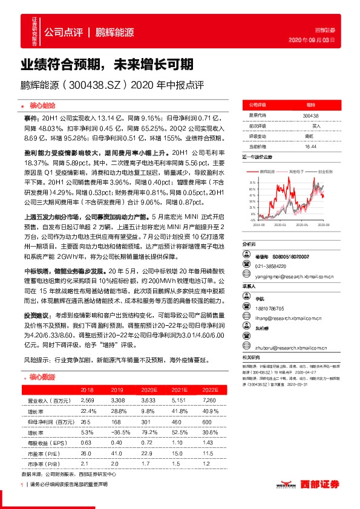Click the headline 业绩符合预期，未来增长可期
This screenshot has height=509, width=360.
click(x=107, y=63)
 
